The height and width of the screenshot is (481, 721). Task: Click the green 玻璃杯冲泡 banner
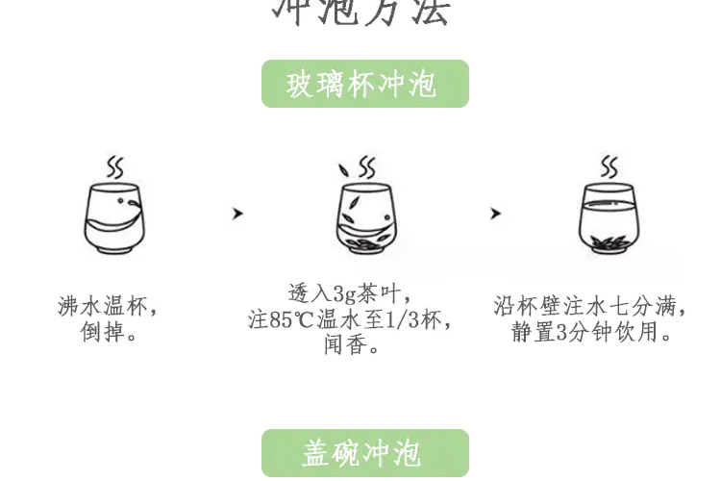[364, 84]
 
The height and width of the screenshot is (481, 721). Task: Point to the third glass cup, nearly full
[609, 218]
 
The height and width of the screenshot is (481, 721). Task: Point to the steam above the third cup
[609, 165]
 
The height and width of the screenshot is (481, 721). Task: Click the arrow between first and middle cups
[237, 214]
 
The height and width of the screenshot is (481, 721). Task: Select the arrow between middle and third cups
[495, 214]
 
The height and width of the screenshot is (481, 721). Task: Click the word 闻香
[346, 344]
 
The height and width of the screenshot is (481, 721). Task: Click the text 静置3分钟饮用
[588, 333]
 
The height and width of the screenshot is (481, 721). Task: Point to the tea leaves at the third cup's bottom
[608, 241]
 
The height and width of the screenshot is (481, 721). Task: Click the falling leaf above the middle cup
[343, 171]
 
